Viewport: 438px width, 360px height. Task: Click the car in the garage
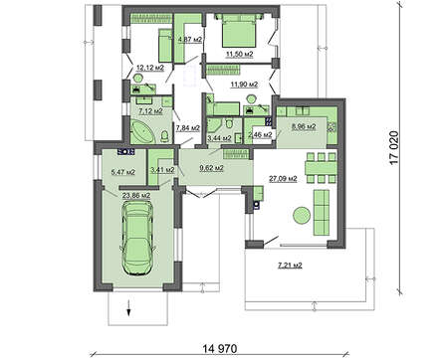[x=137, y=238]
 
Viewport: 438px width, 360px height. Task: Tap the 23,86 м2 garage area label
[x=136, y=195]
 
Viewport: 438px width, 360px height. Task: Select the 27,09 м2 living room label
[x=283, y=179]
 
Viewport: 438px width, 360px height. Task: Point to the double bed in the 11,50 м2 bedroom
[x=240, y=31]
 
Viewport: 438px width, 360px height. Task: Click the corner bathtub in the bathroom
[x=143, y=132]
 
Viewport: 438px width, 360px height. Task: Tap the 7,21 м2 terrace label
[x=290, y=266]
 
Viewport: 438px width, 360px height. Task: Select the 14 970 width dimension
[x=220, y=348]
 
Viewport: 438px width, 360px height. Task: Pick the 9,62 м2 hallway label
[x=211, y=168]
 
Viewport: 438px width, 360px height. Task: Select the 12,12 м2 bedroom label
[x=150, y=68]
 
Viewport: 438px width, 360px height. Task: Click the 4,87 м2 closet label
[x=190, y=40]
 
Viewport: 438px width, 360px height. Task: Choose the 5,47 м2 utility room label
[x=122, y=172]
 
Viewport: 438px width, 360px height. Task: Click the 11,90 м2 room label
[x=244, y=85]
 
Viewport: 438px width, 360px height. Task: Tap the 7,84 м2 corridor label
[x=188, y=128]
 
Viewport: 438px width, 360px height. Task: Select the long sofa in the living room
[x=322, y=213]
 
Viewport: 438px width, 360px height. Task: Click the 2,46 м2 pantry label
[x=260, y=134]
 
